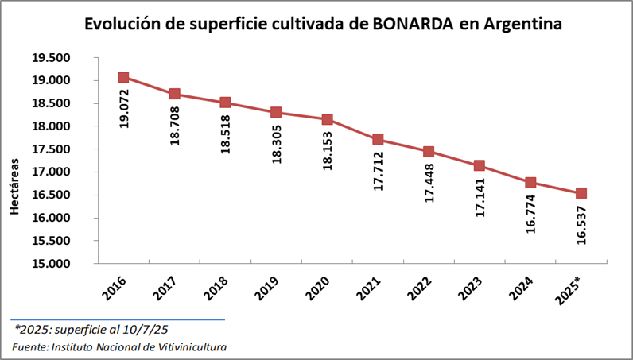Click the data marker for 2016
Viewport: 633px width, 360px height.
point(123,77)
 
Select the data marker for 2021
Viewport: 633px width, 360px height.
point(378,140)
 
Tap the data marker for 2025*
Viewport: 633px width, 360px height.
point(581,193)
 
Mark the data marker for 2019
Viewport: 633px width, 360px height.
point(276,112)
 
